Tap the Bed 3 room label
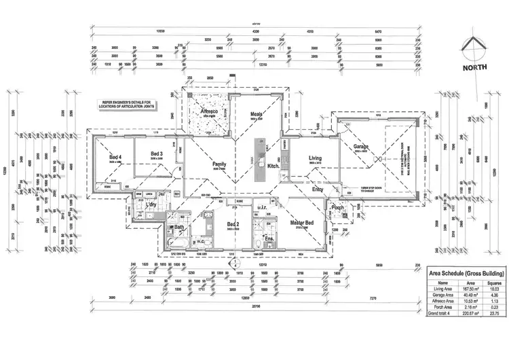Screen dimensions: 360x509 157,154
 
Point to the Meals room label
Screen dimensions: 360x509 257,115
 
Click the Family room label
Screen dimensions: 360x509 219,164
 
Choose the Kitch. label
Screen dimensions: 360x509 274,166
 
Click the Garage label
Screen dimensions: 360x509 360,147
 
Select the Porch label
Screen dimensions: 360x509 338,209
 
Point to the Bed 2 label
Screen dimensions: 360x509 233,223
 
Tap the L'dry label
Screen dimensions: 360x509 151,204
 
